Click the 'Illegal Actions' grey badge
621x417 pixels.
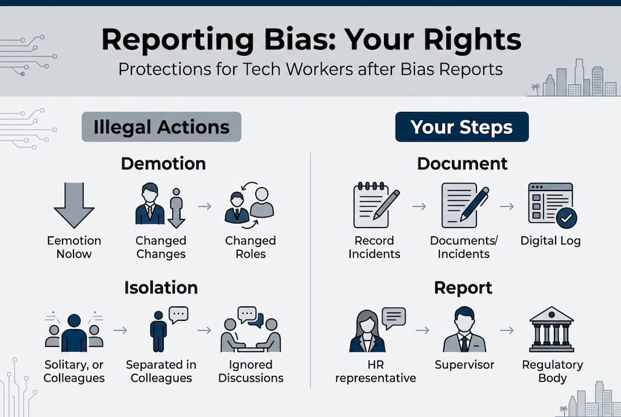pos(161,127)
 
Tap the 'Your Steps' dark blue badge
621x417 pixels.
pos(461,127)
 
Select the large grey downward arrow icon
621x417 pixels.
pos(74,205)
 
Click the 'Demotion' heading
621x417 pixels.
pos(163,164)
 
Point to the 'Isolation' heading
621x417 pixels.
pos(161,288)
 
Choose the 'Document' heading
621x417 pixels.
pos(462,164)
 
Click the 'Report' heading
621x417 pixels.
pos(463,288)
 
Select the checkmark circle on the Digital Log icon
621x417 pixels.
pos(566,218)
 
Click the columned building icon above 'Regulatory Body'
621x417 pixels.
pos(552,330)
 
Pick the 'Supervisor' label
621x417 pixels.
pos(464,365)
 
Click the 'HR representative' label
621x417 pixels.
pos(376,372)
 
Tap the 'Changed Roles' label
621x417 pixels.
pos(251,247)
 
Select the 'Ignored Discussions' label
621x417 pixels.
pos(252,372)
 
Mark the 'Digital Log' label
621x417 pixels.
pos(550,240)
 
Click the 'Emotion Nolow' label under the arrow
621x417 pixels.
pos(74,247)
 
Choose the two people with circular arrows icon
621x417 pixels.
pos(249,204)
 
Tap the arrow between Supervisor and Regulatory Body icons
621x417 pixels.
pos(507,330)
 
